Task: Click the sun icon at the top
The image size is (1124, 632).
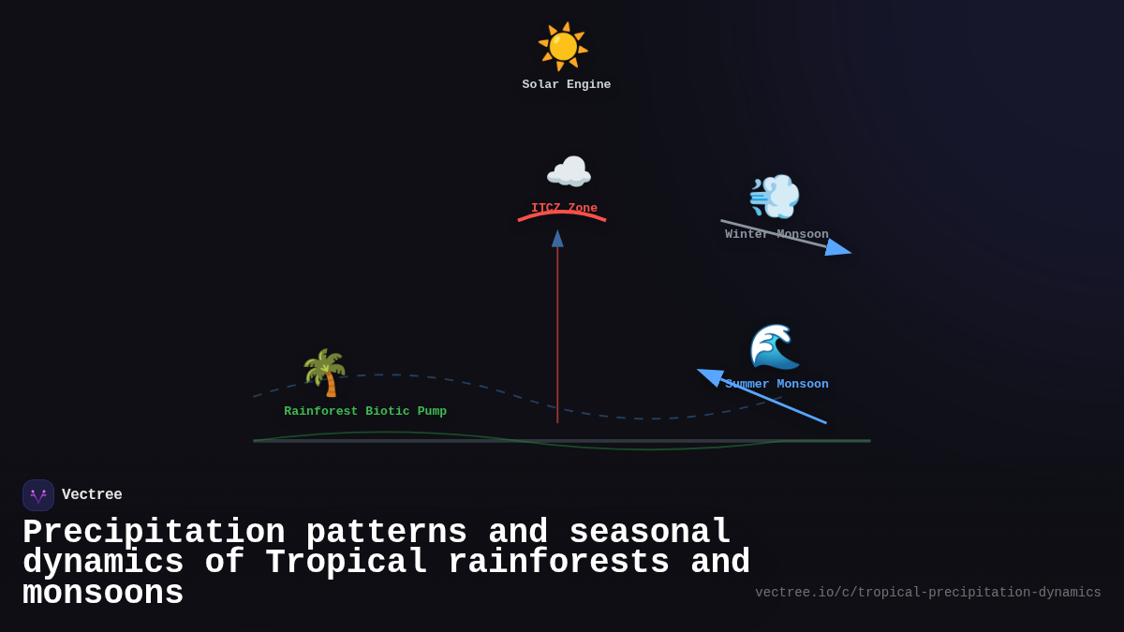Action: pos(563,46)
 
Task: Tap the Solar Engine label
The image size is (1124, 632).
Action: pos(566,85)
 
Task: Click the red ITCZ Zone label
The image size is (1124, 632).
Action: pos(564,208)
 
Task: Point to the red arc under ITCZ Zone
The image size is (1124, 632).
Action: pos(562,213)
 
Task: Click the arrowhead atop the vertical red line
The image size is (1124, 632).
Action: pos(557,239)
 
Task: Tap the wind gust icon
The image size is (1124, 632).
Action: pos(775,197)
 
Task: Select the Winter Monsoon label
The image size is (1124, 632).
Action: pos(776,234)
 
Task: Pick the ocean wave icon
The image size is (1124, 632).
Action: pos(775,346)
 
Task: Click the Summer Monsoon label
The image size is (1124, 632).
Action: pos(776,384)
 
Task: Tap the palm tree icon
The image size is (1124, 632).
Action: pos(324,373)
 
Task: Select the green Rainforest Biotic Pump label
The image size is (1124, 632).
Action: pos(365,411)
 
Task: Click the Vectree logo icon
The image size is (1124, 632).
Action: pos(38,495)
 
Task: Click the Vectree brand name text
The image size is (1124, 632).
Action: pos(92,495)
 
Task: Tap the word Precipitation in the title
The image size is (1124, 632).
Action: pos(154,533)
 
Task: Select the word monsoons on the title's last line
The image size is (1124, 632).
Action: pos(103,594)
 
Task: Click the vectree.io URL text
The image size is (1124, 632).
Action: pos(927,593)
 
